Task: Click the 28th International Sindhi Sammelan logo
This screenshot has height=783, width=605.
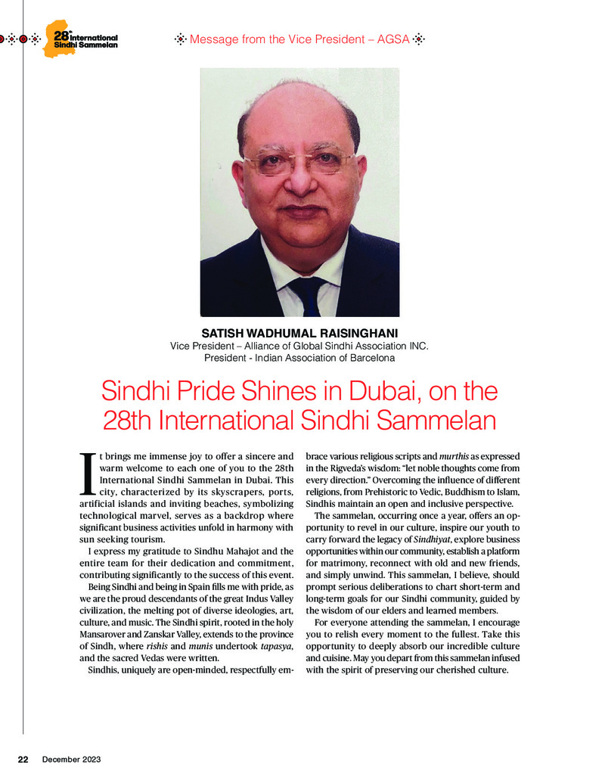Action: (x=83, y=40)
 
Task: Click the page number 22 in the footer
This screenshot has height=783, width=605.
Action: (x=23, y=759)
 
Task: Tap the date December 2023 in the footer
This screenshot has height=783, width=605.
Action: (x=71, y=759)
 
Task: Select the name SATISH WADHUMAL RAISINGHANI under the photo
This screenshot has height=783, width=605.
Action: (x=299, y=333)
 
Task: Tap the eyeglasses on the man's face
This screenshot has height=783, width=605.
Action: (x=298, y=161)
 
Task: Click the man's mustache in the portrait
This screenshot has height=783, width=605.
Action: (x=299, y=205)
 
